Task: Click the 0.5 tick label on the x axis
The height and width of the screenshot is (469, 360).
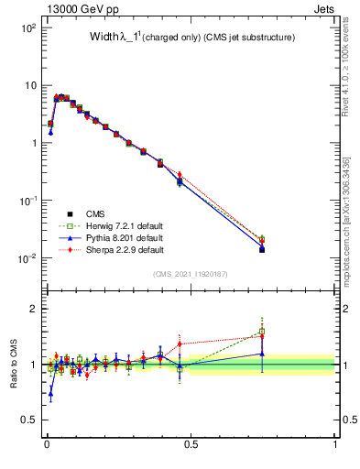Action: click(190, 444)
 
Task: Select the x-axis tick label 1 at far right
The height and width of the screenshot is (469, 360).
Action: click(334, 444)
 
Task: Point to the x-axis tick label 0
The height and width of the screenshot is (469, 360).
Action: click(46, 444)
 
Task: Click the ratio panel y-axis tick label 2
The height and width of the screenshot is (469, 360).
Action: click(34, 309)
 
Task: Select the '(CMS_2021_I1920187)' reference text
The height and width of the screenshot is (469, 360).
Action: click(190, 274)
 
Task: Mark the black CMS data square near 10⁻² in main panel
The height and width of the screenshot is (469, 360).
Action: click(262, 249)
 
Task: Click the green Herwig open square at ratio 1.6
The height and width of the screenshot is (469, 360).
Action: click(262, 332)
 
